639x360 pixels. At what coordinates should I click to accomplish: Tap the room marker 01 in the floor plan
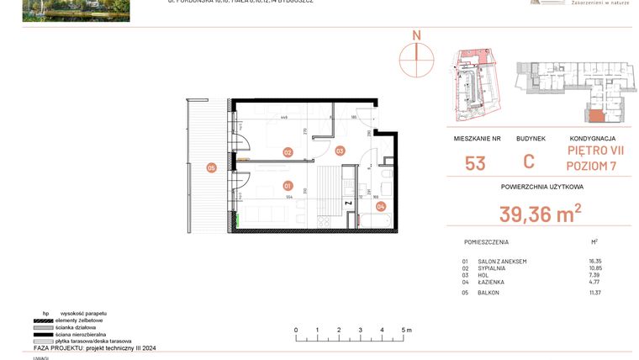click(288, 185)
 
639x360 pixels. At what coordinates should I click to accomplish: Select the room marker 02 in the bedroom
click(288, 152)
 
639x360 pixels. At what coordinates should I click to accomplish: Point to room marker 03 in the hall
click(340, 151)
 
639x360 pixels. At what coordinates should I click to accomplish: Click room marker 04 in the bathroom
click(380, 205)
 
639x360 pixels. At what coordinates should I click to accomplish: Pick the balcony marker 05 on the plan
click(211, 167)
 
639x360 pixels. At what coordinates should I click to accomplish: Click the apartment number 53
click(475, 163)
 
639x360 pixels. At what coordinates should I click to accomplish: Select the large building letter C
click(529, 162)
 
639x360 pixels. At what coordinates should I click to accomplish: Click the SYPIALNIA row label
click(493, 268)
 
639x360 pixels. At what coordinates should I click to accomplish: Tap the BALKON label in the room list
click(488, 293)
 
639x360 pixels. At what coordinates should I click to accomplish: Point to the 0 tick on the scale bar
click(296, 331)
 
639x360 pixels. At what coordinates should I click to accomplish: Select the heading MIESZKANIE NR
click(476, 138)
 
